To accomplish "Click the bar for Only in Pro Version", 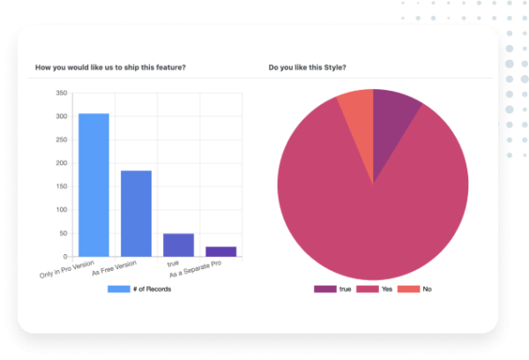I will point(94,185).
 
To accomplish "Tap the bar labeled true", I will point(179,245).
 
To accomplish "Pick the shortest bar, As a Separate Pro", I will point(221,251).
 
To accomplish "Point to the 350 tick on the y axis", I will point(62,93).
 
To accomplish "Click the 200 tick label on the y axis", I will point(62,163).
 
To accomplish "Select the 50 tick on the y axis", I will point(63,234).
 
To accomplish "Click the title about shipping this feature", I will point(110,67).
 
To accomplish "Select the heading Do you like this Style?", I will point(308,67).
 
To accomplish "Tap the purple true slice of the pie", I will point(392,119).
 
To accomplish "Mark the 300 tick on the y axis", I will point(62,116).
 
